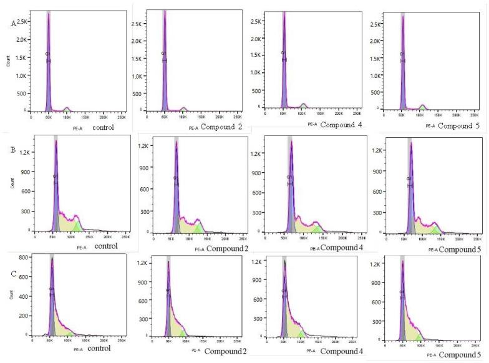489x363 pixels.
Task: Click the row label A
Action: [x=13, y=23]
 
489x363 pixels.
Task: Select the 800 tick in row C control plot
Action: [x=22, y=257]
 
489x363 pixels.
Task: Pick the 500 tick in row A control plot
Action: [x=22, y=93]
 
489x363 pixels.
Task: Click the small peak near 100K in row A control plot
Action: [x=66, y=109]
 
